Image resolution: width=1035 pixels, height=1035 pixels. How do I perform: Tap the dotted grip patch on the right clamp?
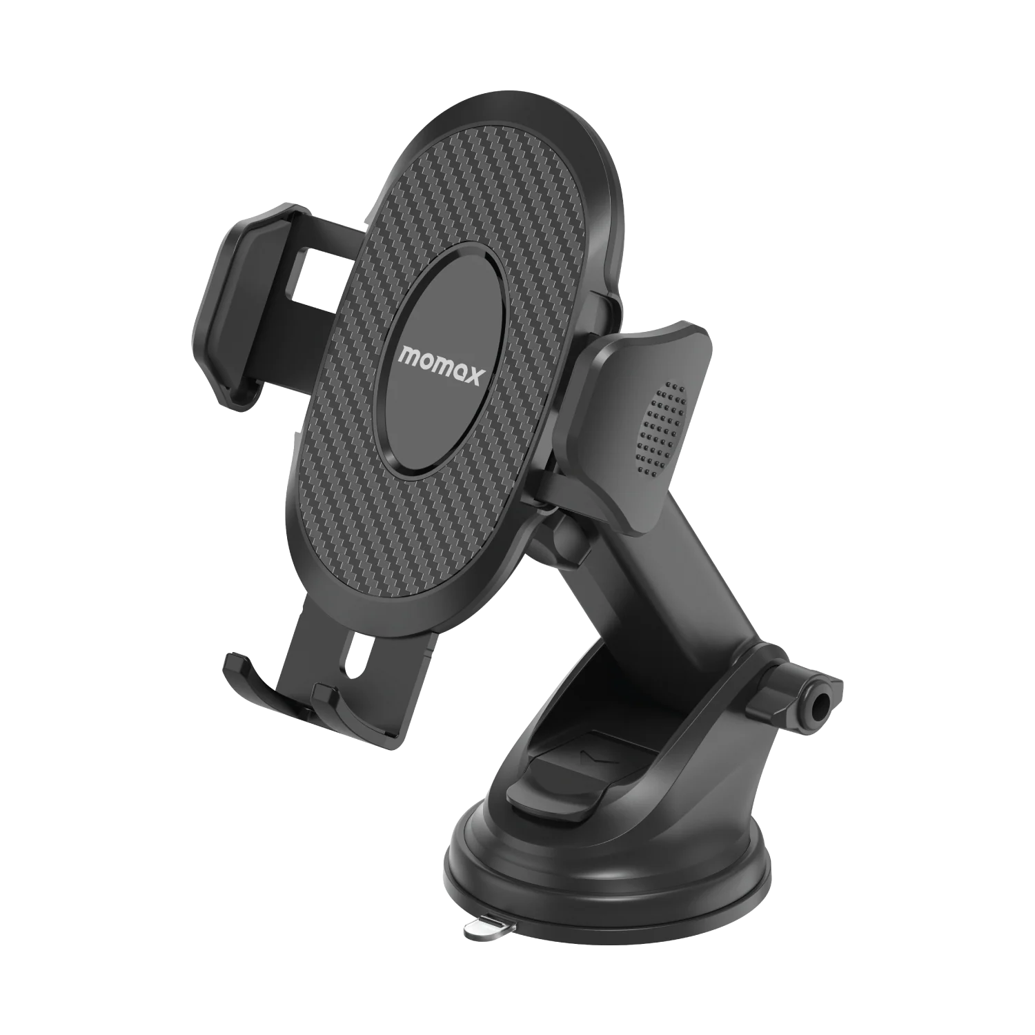click(x=662, y=428)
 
